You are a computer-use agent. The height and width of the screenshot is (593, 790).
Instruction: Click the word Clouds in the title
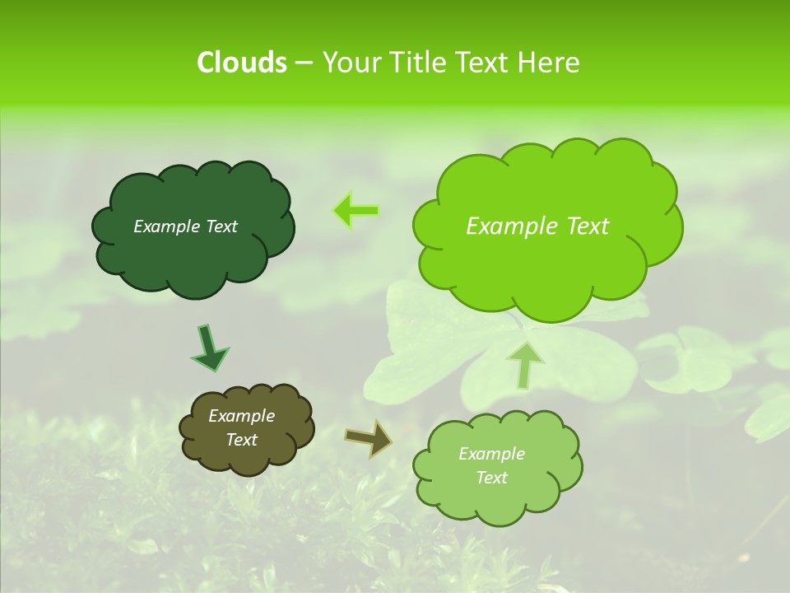pyautogui.click(x=241, y=63)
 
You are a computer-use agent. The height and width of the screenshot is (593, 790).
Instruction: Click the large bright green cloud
pyautogui.click(x=543, y=264)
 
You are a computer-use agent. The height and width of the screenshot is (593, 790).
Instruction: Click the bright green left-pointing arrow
pyautogui.click(x=355, y=211)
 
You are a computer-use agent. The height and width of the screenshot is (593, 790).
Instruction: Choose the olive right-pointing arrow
pyautogui.click(x=369, y=437)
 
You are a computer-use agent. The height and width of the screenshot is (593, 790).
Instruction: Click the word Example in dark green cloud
pyautogui.click(x=165, y=226)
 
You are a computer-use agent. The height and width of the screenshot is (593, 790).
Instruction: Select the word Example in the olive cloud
pyautogui.click(x=241, y=416)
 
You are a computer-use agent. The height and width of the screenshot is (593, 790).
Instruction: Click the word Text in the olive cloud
pyautogui.click(x=241, y=440)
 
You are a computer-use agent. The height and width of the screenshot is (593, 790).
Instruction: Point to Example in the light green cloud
pyautogui.click(x=491, y=454)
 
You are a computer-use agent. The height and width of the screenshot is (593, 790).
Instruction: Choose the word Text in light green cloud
pyautogui.click(x=491, y=478)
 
